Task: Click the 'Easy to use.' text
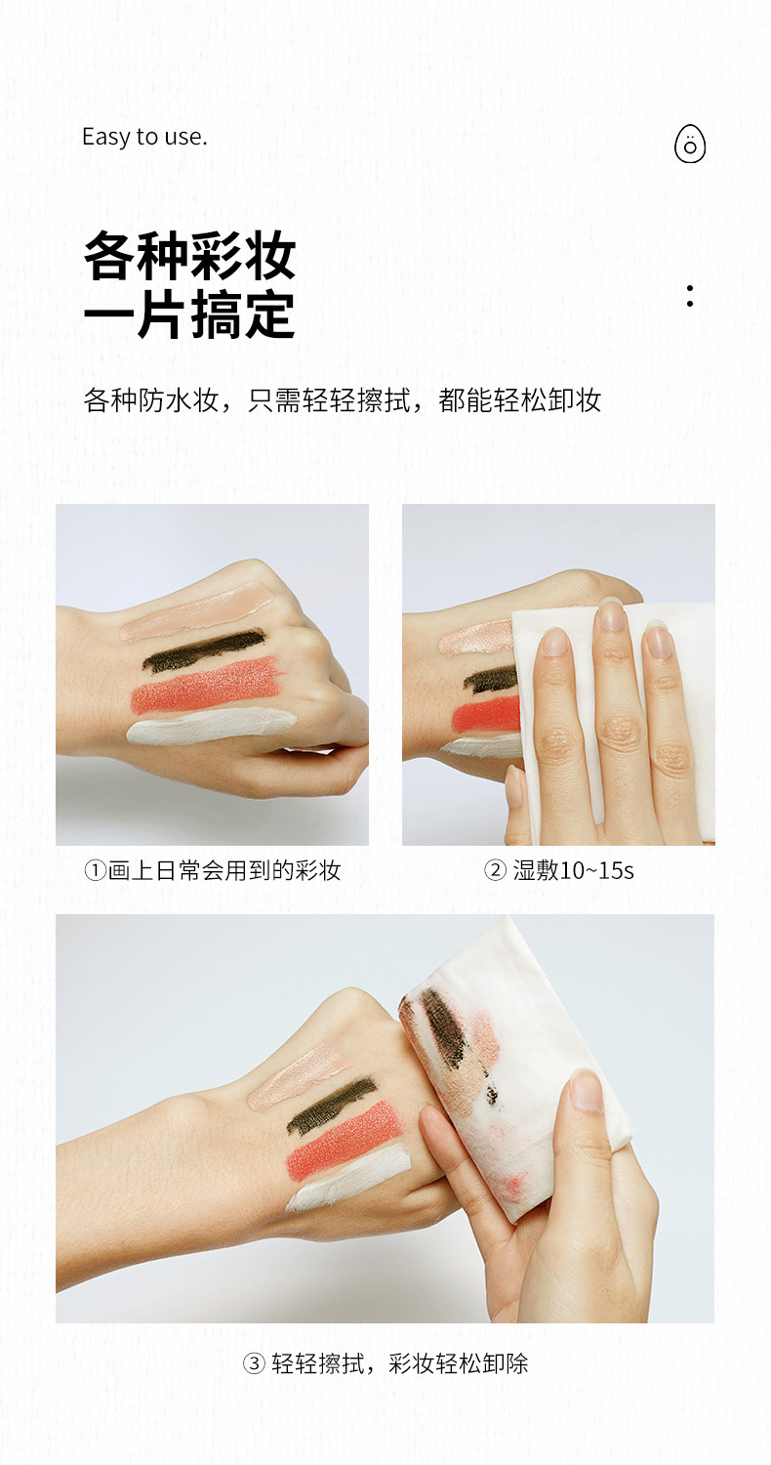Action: tap(144, 138)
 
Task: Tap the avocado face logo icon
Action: tap(689, 143)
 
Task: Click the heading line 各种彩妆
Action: tap(190, 256)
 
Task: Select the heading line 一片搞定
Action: tap(190, 314)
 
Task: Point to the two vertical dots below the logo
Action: tap(690, 296)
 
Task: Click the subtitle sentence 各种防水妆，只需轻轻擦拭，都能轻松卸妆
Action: tap(342, 400)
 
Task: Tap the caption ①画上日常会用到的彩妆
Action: tap(213, 870)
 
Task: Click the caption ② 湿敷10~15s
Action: tap(558, 870)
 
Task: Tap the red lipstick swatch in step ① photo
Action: tap(207, 684)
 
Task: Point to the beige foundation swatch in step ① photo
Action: tap(196, 610)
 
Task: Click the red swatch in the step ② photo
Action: tap(486, 716)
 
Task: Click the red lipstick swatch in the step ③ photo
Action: tap(345, 1140)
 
